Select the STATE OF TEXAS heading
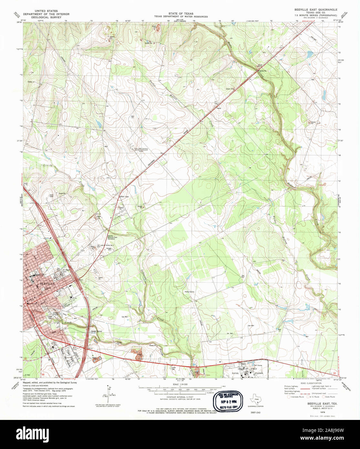[x=181, y=14]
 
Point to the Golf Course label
[x=258, y=365]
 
